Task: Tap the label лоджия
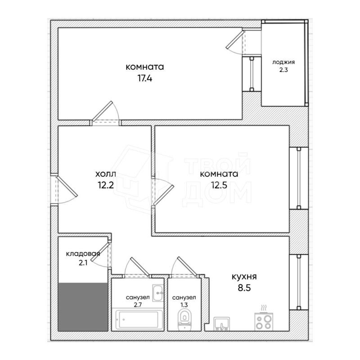point(283,63)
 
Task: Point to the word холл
point(105,174)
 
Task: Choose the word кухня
point(244,277)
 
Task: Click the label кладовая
point(83,254)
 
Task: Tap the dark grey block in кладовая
point(84,306)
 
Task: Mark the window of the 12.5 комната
point(299,178)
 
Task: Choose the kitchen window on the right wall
point(299,282)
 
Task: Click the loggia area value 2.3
point(283,70)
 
